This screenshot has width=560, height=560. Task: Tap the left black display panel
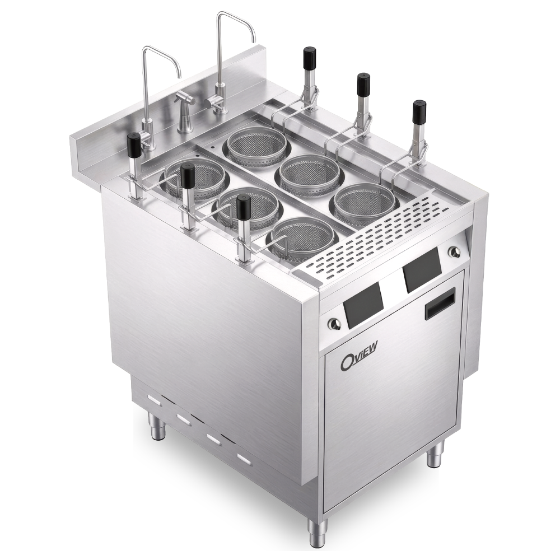[x=363, y=306]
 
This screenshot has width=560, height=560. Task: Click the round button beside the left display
[x=335, y=324]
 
